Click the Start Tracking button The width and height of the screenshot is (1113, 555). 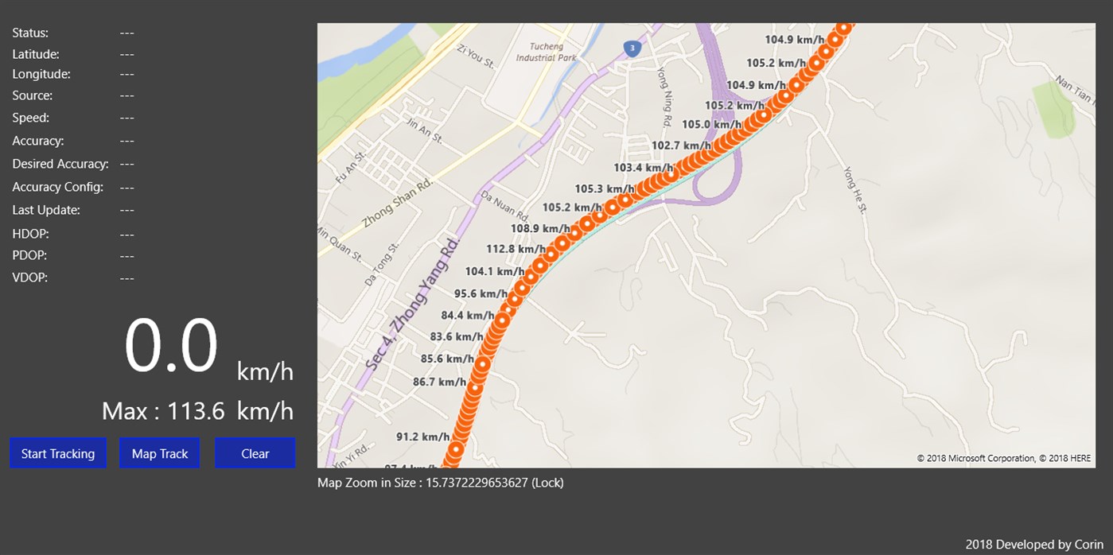tap(58, 453)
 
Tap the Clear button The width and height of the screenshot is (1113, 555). tap(255, 453)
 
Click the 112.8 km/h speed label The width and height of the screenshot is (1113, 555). tap(516, 249)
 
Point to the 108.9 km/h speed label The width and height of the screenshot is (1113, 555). tap(540, 228)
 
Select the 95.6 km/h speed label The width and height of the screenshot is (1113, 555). tap(481, 293)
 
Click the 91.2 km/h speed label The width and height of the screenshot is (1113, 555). tap(422, 437)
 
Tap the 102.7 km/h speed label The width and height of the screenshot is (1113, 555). tap(681, 146)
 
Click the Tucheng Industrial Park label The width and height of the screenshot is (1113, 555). tap(546, 52)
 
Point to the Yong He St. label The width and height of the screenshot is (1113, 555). tap(855, 189)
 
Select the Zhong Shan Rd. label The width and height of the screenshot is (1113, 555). tap(398, 203)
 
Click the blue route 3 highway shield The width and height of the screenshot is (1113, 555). tap(632, 49)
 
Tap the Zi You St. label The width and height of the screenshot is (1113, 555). tap(475, 56)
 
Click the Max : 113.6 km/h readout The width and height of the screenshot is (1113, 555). tap(197, 411)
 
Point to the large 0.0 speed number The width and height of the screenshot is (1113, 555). tap(171, 347)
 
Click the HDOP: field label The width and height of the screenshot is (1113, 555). tap(29, 234)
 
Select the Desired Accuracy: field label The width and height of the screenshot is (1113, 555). tap(60, 164)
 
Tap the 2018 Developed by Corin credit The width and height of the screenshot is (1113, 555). tap(1034, 545)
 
